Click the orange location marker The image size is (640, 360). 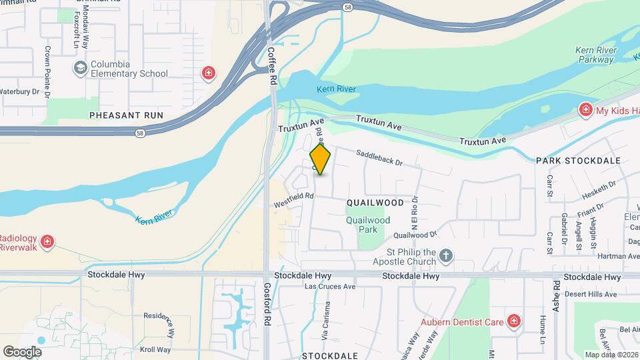pyautogui.click(x=321, y=159)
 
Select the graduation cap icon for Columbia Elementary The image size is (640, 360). pyautogui.click(x=81, y=68)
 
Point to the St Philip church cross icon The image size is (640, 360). pyautogui.click(x=447, y=255)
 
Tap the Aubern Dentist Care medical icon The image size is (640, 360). pyautogui.click(x=513, y=322)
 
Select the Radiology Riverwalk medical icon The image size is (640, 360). pyautogui.click(x=47, y=241)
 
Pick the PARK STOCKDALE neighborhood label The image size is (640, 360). pyautogui.click(x=578, y=161)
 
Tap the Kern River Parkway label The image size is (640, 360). pyautogui.click(x=595, y=55)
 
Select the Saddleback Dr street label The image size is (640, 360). pyautogui.click(x=379, y=157)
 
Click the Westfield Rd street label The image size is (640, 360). pyautogui.click(x=293, y=200)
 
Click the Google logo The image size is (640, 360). pyautogui.click(x=22, y=351)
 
